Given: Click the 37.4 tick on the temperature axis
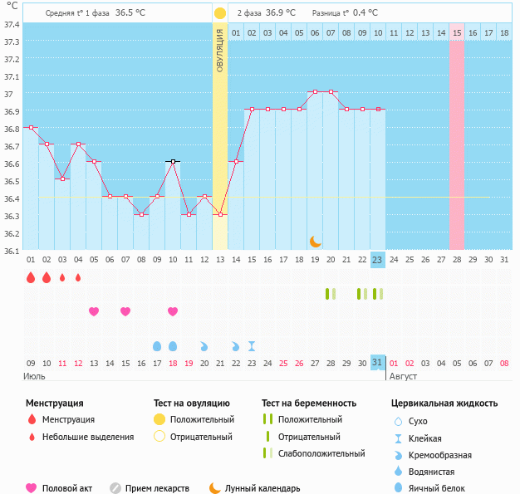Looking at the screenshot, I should (12, 24).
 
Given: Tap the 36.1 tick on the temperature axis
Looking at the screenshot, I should (12, 250).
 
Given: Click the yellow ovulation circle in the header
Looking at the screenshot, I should (219, 13).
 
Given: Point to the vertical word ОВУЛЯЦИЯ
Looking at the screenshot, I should (219, 50).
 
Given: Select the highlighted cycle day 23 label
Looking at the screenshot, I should (377, 260).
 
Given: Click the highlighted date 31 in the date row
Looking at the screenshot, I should (377, 362).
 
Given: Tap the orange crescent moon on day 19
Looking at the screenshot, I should (315, 241).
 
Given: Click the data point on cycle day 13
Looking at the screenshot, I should (220, 215).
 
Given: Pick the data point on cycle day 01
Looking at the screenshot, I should (31, 128).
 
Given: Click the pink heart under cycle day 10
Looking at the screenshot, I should (173, 311).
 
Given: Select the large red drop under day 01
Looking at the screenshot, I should (31, 277).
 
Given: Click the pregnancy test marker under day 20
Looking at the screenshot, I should (330, 294).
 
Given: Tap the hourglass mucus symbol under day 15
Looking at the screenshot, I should (252, 345).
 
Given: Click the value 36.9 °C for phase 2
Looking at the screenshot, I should (280, 13).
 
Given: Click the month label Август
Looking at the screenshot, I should (403, 376).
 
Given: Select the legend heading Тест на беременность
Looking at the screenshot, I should (308, 404).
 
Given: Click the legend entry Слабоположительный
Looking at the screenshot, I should (321, 453).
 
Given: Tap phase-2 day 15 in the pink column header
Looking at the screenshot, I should (457, 32).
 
